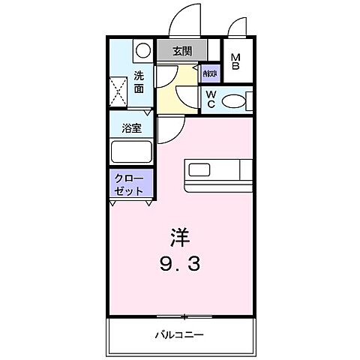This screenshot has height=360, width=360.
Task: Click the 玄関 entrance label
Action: point(181,52)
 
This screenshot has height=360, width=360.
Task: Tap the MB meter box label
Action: point(235,61)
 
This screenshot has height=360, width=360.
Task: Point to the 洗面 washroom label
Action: point(139,81)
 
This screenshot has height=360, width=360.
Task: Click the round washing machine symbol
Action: point(141,51)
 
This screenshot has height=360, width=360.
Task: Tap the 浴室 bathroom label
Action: point(132,128)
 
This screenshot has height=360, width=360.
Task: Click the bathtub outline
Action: point(131,152)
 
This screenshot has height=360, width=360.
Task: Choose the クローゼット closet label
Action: point(130,184)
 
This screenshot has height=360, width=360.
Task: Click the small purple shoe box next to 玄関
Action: point(209,73)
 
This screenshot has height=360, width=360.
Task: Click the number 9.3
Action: point(179,264)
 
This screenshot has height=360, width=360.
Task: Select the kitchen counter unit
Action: point(217,172)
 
